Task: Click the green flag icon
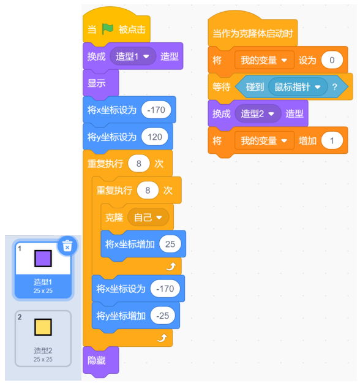point(107,29)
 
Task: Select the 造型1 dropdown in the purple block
point(133,56)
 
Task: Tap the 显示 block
point(101,83)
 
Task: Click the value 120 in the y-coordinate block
point(155,137)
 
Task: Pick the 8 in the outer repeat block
point(138,164)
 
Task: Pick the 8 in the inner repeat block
point(148,191)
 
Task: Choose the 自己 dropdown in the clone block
point(148,218)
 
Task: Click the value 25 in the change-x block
point(170,244)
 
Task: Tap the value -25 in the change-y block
point(162,316)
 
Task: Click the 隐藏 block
point(101,360)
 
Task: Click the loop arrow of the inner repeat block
point(171,266)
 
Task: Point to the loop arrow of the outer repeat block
point(162,338)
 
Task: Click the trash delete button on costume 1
point(67,246)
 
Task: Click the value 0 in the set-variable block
point(332,60)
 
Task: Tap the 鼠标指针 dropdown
point(298,87)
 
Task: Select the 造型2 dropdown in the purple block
point(258,113)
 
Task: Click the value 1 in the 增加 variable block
point(332,141)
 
